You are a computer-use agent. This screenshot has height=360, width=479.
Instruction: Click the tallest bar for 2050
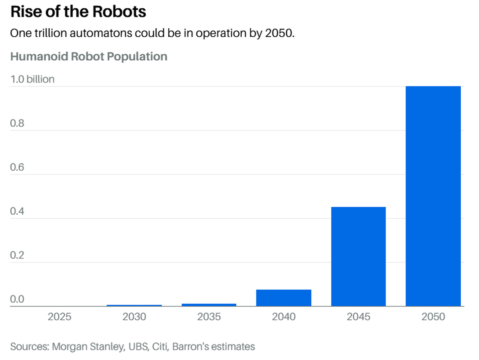point(433,196)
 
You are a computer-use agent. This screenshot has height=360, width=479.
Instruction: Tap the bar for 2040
point(284,298)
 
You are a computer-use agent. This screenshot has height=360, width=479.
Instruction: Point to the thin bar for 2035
point(209,305)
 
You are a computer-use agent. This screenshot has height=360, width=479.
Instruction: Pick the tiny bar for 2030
point(134,305)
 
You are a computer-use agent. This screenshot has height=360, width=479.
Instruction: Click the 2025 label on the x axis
point(59,317)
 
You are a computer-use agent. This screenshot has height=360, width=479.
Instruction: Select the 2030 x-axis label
point(134,317)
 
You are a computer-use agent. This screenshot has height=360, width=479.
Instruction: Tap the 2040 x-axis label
point(284,317)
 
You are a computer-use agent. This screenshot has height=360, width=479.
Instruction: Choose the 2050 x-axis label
point(433,317)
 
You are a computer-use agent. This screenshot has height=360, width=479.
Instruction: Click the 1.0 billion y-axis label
point(32,79)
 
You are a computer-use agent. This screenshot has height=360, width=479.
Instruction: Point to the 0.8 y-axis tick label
point(17,123)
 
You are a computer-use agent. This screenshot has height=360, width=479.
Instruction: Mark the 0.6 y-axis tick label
point(17,167)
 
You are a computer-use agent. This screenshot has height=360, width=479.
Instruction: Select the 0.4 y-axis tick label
point(17,212)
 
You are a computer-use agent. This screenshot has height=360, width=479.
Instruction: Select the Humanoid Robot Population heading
point(89,56)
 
